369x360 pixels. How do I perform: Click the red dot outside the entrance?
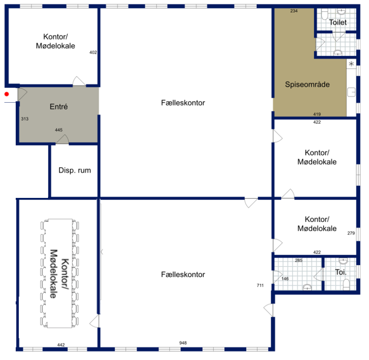click(7, 94)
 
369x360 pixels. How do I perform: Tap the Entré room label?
click(59, 107)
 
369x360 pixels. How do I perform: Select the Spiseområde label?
click(307, 84)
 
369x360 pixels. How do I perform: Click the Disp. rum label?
click(75, 170)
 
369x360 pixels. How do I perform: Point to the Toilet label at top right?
click(338, 22)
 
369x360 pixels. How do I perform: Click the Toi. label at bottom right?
click(341, 272)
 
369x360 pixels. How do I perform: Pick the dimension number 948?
click(183, 343)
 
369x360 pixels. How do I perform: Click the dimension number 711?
click(260, 285)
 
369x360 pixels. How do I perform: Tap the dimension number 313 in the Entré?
click(25, 119)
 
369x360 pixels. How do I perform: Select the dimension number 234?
click(294, 11)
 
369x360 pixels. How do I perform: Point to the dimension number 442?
click(61, 345)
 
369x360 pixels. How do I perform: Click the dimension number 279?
click(351, 233)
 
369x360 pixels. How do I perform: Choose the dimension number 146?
click(285, 279)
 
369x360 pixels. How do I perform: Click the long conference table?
click(60, 273)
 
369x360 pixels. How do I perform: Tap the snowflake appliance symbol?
click(352, 64)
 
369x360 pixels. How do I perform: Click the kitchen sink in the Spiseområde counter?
click(352, 92)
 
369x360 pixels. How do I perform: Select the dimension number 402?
click(93, 52)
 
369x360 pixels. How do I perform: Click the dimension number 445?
click(59, 130)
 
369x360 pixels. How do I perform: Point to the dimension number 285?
click(299, 260)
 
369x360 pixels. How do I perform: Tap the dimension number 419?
click(317, 114)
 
